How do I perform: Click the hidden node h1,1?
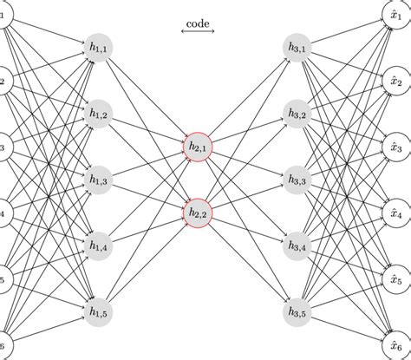98,49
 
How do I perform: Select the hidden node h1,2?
98,115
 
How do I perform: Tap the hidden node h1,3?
98,180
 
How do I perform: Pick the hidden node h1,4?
98,245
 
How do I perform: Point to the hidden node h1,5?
98,311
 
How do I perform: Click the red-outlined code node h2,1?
198,147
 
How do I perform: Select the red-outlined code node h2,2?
198,213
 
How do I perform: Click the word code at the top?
198,23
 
